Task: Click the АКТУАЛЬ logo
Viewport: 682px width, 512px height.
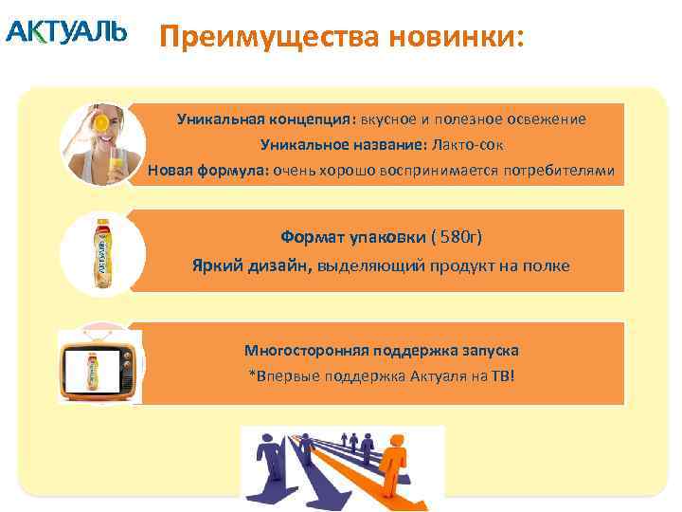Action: (x=65, y=32)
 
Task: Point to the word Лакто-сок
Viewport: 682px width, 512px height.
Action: (x=468, y=145)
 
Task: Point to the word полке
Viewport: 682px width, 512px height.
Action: (x=547, y=265)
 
